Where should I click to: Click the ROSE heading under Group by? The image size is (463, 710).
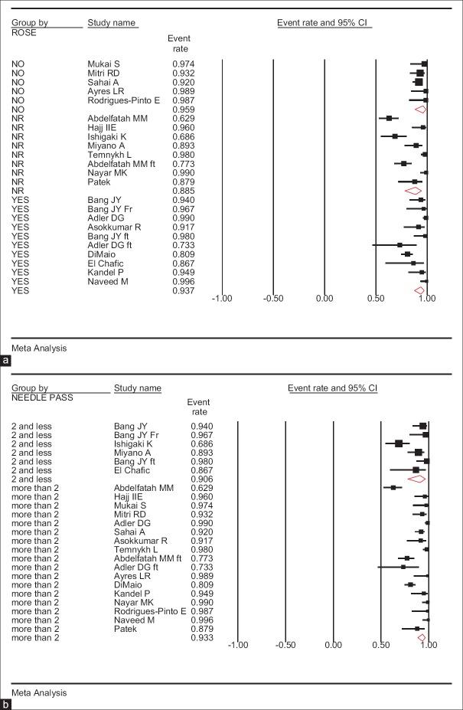pos(24,32)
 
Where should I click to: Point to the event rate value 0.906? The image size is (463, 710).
pos(202,479)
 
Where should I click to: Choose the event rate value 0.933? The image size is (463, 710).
pos(202,637)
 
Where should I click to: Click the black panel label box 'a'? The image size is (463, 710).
pos(6,358)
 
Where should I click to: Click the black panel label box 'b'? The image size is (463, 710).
pos(6,703)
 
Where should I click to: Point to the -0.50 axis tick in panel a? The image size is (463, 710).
pos(273,299)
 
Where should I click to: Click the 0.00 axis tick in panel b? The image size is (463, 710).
pos(333,646)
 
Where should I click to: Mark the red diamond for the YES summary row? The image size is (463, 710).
pos(419,290)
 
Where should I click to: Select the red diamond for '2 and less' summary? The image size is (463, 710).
pos(417,479)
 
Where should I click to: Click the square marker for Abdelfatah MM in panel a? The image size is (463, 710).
pos(389,118)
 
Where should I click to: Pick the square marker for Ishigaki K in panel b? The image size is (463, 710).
pos(399,443)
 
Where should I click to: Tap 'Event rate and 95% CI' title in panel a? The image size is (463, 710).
pos(324,22)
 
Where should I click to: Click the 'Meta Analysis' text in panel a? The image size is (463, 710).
pos(39,348)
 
